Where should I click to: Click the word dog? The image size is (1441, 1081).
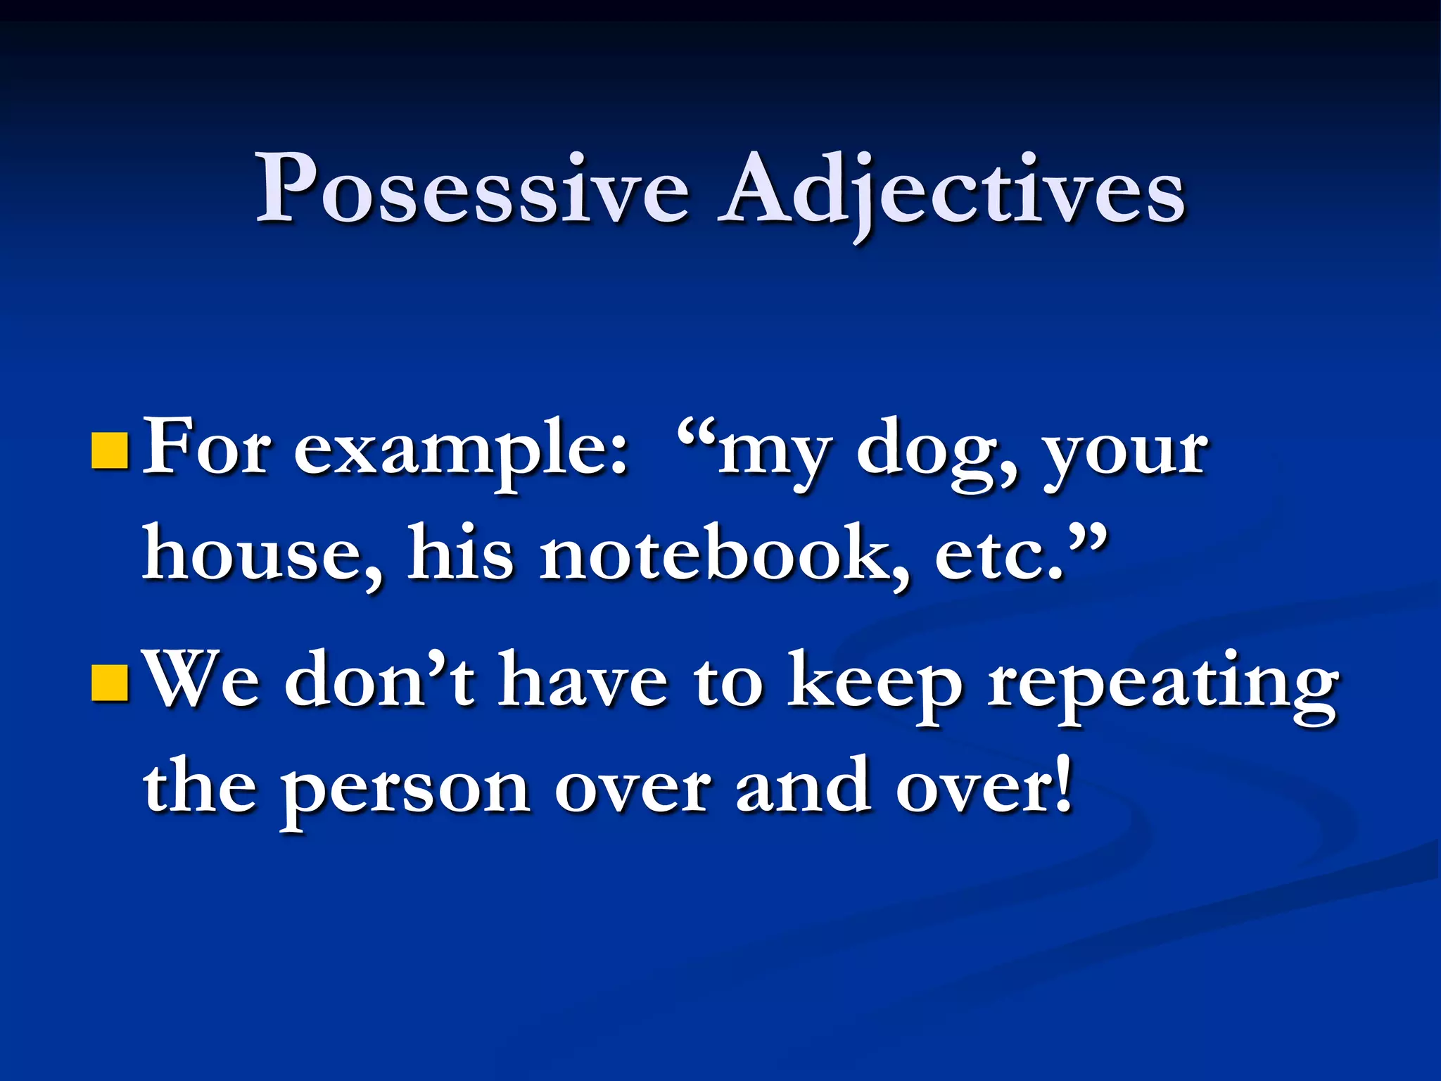(x=937, y=454)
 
